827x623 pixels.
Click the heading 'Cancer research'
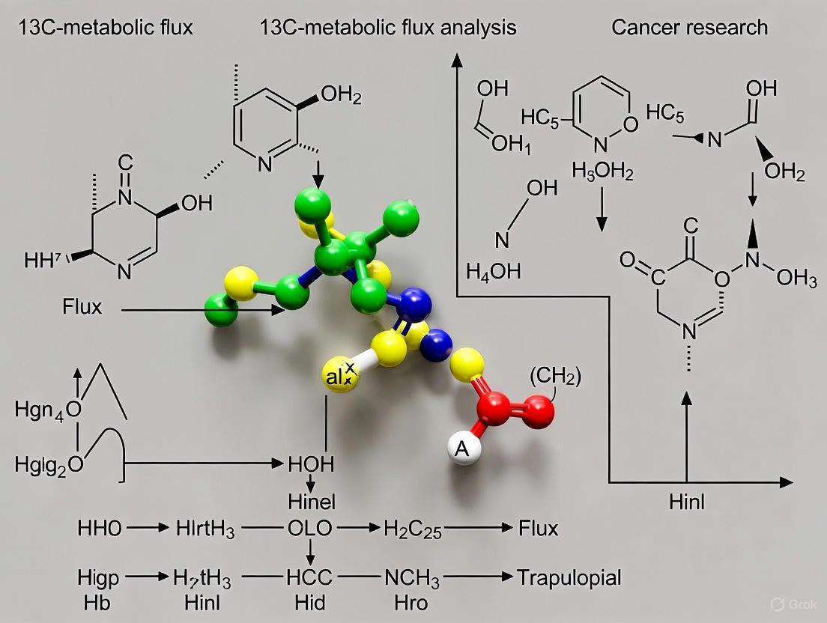point(689,28)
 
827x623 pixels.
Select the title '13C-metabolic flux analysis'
point(388,28)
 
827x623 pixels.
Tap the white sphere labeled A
point(463,449)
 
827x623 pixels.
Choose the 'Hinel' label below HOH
point(312,500)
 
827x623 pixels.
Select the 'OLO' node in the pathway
point(310,529)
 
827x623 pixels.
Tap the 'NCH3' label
point(412,577)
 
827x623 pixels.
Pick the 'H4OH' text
point(493,271)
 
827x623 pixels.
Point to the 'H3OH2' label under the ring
point(602,172)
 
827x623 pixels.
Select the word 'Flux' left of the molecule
point(83,307)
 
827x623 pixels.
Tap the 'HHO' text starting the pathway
point(99,529)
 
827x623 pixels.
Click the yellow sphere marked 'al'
point(339,377)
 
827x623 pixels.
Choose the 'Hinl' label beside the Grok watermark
point(687,502)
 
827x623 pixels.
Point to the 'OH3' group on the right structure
point(796,279)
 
